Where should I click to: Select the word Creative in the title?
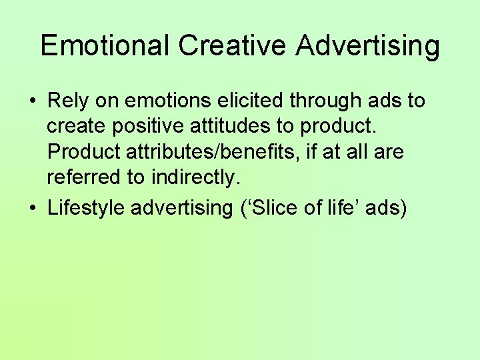coord(233,45)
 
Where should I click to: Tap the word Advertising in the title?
coord(368,45)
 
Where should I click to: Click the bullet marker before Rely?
coord(32,101)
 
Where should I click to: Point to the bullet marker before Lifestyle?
coord(32,208)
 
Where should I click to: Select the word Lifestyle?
coord(87,207)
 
